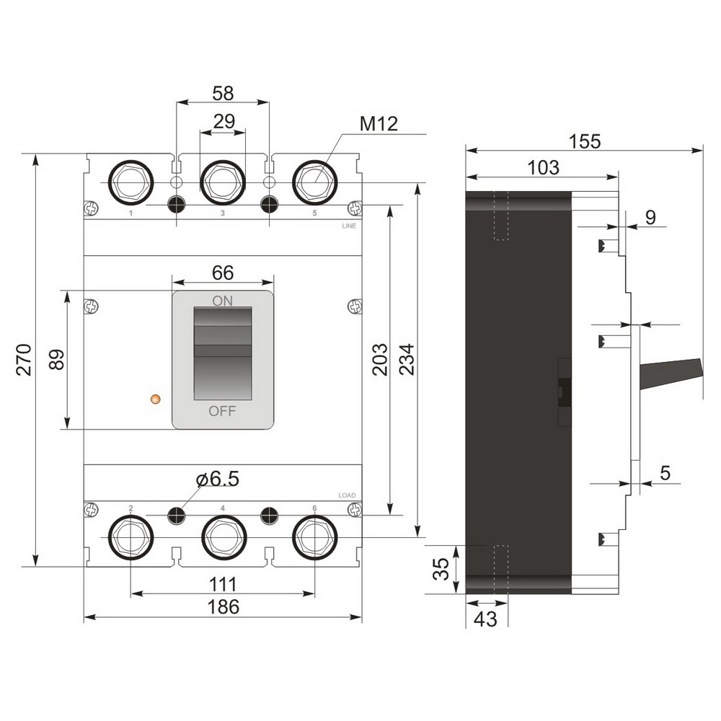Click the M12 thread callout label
(x=379, y=124)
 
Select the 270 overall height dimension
(x=24, y=360)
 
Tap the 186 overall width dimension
(x=224, y=607)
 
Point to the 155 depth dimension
(x=585, y=141)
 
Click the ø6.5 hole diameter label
(x=218, y=479)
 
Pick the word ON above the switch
(x=223, y=301)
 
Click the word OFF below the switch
(x=223, y=411)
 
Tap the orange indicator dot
(x=156, y=399)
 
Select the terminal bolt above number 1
(x=131, y=183)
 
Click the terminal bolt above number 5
(x=315, y=183)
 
